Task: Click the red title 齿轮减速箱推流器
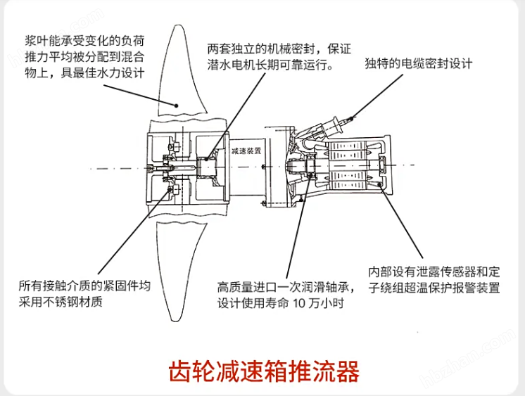click(263, 371)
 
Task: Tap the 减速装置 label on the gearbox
click(246, 151)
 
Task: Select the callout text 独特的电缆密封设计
click(418, 63)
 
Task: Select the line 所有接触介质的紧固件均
click(85, 287)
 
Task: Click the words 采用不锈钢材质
click(62, 302)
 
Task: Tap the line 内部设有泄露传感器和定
click(434, 272)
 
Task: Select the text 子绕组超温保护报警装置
click(434, 288)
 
